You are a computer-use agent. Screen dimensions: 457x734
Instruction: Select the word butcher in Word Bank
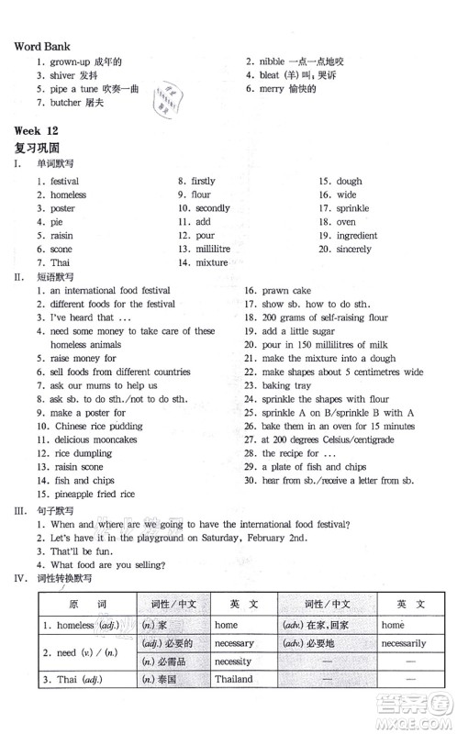tap(66, 102)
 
